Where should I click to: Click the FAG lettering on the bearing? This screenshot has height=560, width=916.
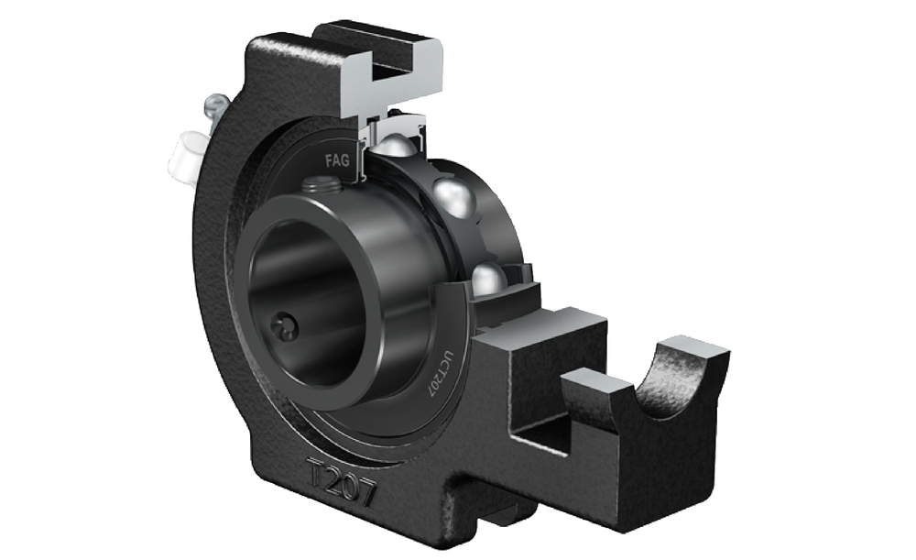337,159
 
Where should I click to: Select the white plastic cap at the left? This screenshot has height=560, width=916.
185,156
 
